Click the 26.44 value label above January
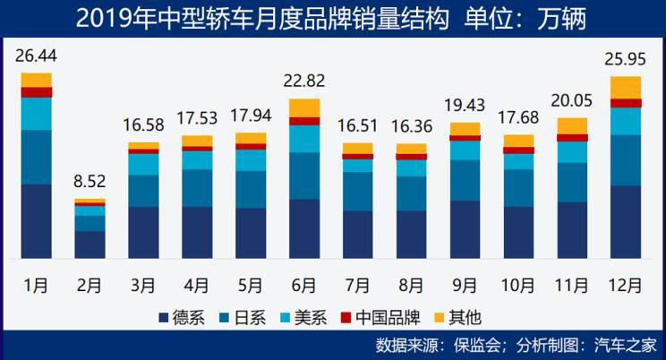36,57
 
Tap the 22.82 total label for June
304,83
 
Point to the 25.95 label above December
626,62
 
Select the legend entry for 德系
184,317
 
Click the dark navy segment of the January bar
36,221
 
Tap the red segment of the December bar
626,103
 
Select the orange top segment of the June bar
304,107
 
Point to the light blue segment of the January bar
36,113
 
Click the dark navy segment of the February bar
90,244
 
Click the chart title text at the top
331,18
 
